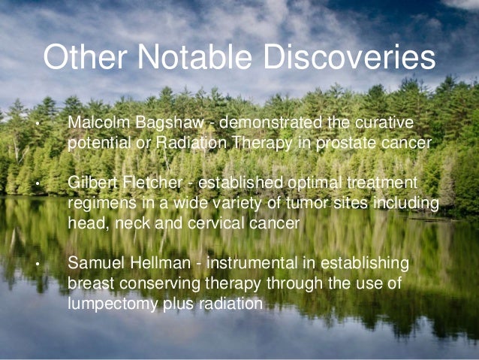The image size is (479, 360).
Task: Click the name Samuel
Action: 93,264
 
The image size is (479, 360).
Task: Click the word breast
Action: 89,284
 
